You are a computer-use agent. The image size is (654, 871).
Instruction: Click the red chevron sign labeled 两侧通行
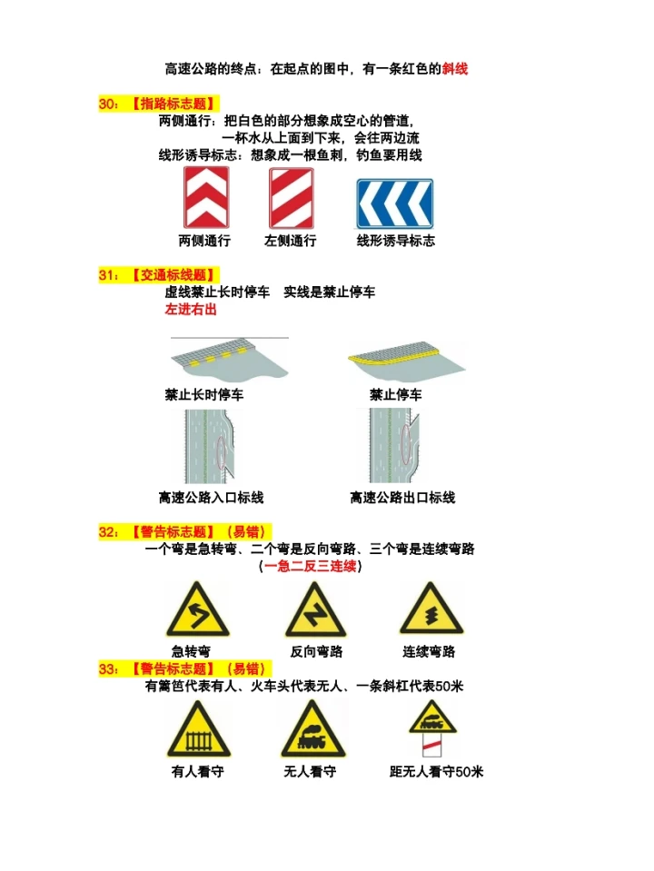(206, 197)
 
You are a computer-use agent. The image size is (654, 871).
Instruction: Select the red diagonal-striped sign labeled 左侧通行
(292, 198)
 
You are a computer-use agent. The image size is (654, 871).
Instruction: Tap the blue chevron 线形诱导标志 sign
(394, 203)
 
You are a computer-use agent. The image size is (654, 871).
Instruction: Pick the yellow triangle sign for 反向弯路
(315, 609)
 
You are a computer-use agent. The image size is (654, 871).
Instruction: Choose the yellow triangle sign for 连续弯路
(431, 609)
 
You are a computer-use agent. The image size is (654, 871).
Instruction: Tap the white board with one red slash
(431, 745)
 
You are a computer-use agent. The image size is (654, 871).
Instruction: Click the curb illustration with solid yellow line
(407, 361)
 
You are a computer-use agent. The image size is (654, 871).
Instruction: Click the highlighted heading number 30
(108, 104)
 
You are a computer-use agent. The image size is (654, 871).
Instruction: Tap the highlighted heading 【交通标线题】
(173, 275)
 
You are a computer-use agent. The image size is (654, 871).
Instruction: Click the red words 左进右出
(191, 310)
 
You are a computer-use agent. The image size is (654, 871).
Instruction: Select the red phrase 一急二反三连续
(310, 566)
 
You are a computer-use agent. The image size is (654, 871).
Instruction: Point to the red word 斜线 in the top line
(455, 69)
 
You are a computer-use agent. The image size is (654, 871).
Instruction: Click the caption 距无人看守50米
(436, 772)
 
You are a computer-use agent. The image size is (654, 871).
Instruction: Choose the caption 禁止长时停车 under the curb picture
(204, 395)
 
